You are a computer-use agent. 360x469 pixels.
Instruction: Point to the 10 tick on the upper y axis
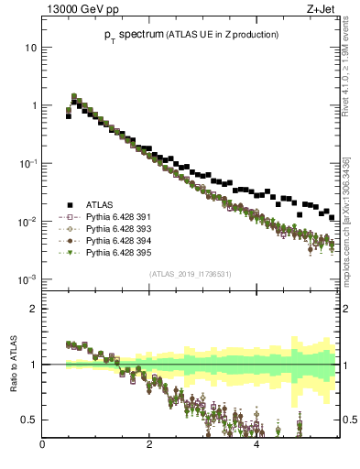pyautogui.click(x=32, y=47)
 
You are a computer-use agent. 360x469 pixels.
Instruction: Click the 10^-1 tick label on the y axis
pyautogui.click(x=29, y=163)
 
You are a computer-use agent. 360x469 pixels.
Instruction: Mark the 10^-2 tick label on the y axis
pyautogui.click(x=29, y=222)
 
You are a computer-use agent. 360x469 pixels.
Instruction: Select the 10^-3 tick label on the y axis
pyautogui.click(x=29, y=279)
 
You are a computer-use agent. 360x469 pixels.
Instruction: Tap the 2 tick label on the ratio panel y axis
pyautogui.click(x=35, y=309)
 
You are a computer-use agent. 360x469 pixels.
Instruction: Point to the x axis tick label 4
pyautogui.click(x=256, y=446)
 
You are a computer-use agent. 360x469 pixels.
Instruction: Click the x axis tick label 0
pyautogui.click(x=43, y=446)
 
